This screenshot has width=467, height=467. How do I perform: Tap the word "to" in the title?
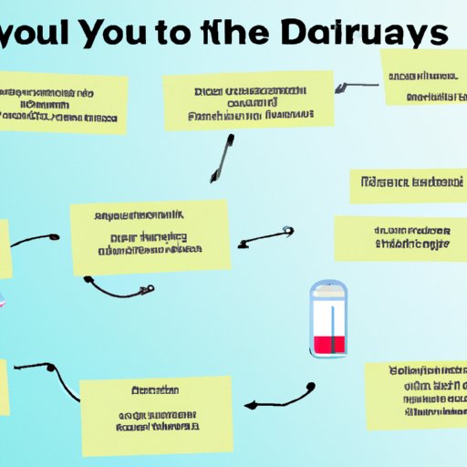point(209,35)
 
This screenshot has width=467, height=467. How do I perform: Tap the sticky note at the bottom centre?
point(156,402)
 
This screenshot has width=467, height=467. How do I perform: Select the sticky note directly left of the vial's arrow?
point(400,238)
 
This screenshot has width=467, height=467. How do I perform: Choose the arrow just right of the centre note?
point(265,237)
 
